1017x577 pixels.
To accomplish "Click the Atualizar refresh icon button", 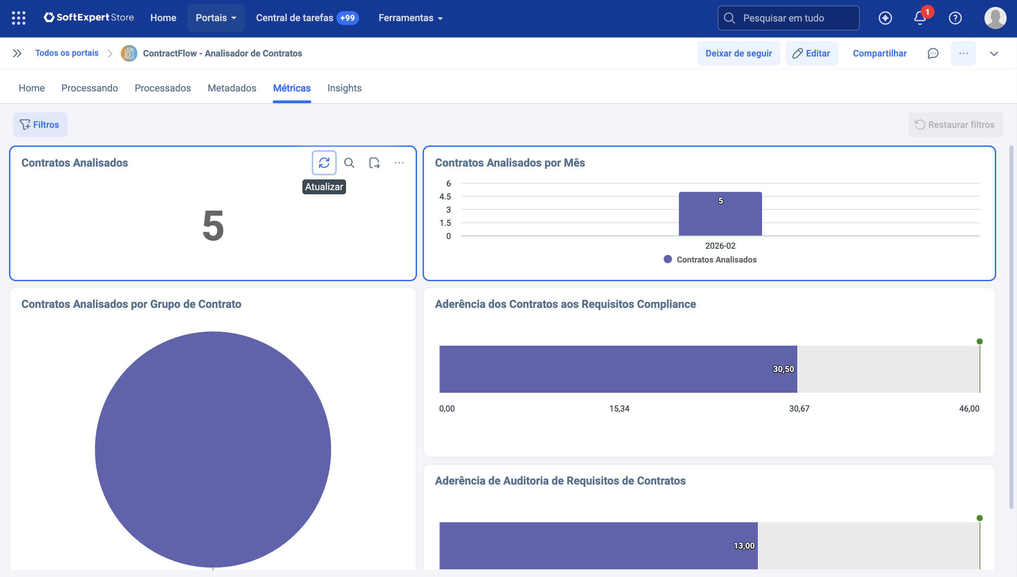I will coord(324,162).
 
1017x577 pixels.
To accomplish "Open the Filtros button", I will coord(40,124).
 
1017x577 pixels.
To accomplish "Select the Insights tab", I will coord(344,88).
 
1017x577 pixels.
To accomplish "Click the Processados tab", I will coord(162,88).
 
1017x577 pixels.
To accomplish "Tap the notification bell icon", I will coord(920,18).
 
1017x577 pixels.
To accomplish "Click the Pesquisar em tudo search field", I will coord(788,18).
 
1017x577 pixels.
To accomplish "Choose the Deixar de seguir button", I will coord(739,53).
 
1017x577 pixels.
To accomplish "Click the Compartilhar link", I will coord(879,53).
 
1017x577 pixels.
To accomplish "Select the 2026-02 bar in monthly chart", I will coord(720,214).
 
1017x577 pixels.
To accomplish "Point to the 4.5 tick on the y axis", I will coord(445,197).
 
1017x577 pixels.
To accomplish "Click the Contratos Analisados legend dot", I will coord(667,259).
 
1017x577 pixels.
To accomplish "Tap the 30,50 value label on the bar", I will coord(783,369).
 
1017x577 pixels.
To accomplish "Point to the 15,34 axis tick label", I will coord(619,408).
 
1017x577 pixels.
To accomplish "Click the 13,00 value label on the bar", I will coord(744,546).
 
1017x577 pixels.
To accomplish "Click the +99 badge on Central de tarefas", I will coord(347,18).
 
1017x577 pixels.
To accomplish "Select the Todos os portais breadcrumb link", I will coord(67,53).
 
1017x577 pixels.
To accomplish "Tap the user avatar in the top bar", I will coord(995,18).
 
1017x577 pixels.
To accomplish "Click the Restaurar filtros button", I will coord(955,124).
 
